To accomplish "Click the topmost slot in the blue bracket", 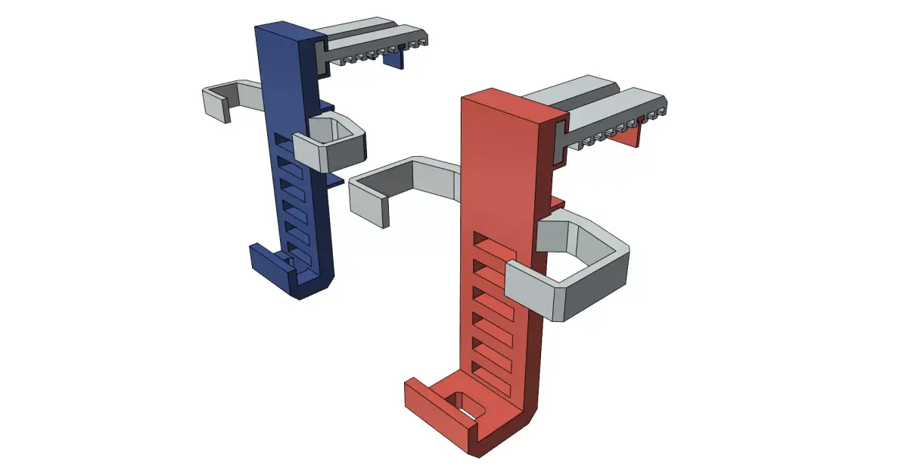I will [x=281, y=139].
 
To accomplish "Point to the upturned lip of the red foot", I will [x=420, y=398].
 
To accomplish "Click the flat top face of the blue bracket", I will [x=286, y=32].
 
